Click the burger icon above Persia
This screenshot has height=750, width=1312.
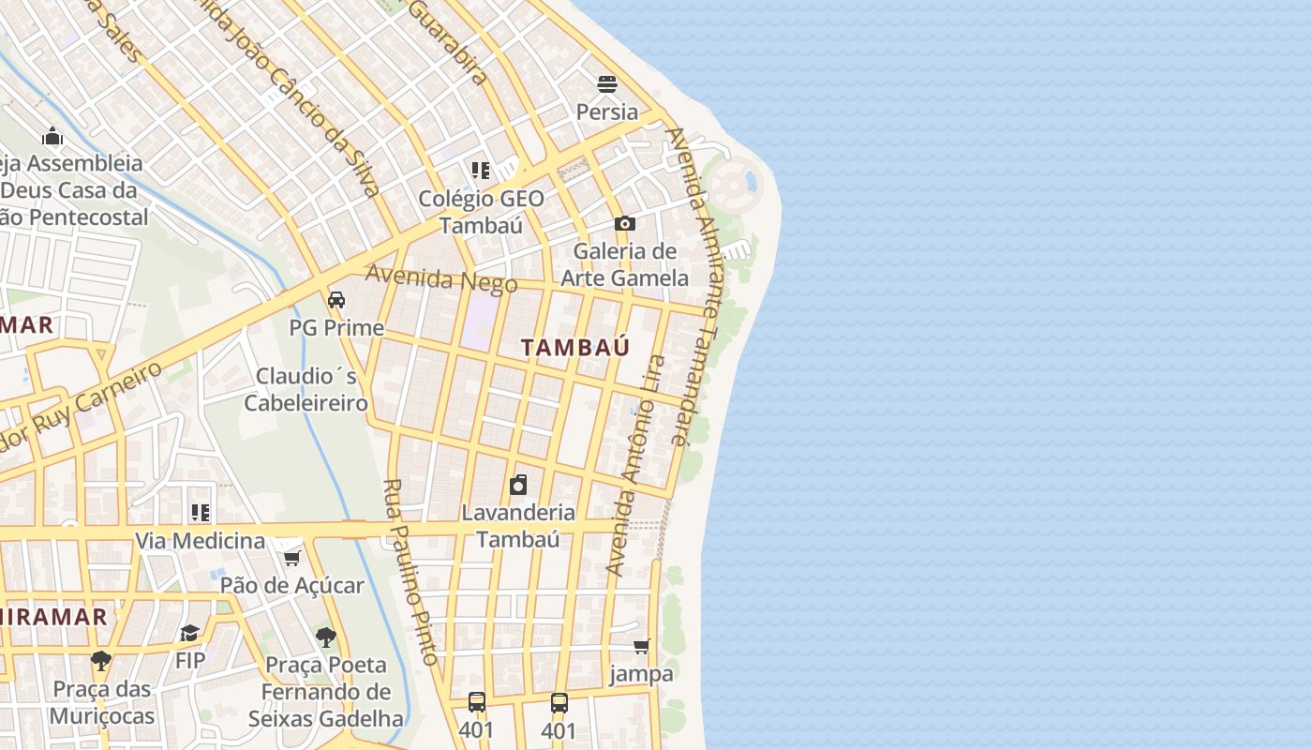coord(607,84)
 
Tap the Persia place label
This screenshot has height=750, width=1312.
coord(607,112)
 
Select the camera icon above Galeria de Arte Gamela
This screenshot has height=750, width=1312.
coord(625,223)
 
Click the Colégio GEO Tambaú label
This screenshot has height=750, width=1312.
coord(481,212)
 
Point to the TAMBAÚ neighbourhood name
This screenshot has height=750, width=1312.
coord(575,347)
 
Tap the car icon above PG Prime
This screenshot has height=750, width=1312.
coord(336,300)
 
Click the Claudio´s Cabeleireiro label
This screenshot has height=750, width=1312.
coord(306,390)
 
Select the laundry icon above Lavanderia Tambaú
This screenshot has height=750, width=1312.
coord(518,485)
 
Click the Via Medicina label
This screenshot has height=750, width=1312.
coord(201,541)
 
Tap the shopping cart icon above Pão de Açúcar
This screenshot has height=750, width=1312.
coord(291,559)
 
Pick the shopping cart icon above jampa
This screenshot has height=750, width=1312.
coord(642,646)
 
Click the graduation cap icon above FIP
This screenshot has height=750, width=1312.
coord(190,633)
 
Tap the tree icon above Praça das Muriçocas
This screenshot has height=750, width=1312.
coord(101,661)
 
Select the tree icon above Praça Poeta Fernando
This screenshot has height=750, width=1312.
coord(325,637)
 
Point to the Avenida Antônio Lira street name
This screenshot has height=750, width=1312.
coord(635,464)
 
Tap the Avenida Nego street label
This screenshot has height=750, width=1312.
coord(441,278)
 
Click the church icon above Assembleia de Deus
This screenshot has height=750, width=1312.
coord(52,137)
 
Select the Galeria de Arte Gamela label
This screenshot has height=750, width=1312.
coord(624,264)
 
